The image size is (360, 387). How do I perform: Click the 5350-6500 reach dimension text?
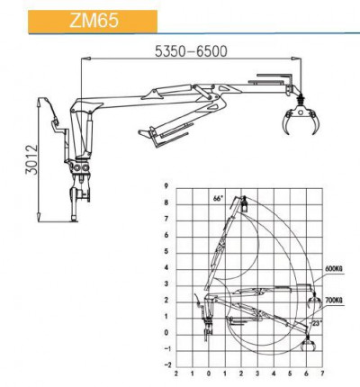(192, 50)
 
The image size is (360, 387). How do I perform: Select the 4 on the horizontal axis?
(274, 373)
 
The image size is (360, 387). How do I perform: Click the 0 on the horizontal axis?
(209, 373)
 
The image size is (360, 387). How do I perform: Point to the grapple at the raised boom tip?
(242, 209)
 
